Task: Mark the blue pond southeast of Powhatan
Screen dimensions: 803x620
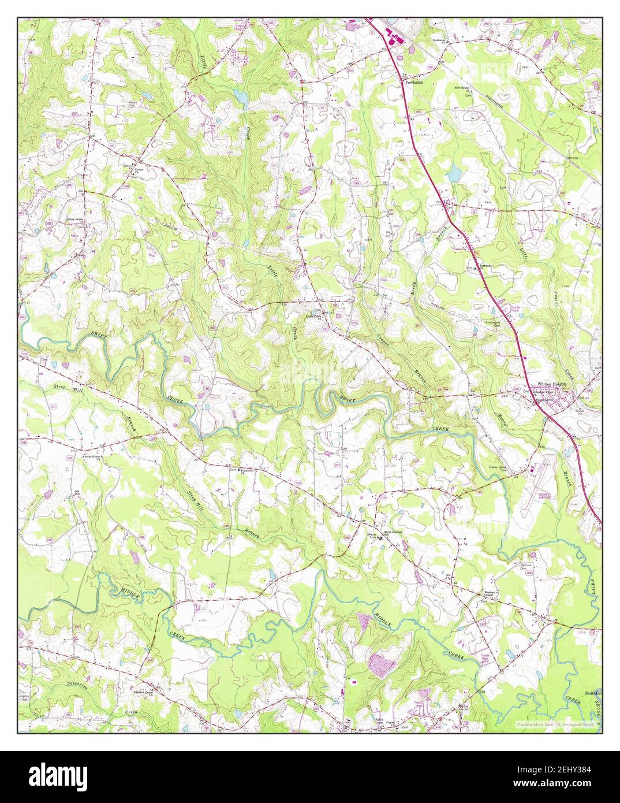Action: pyautogui.click(x=455, y=172)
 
